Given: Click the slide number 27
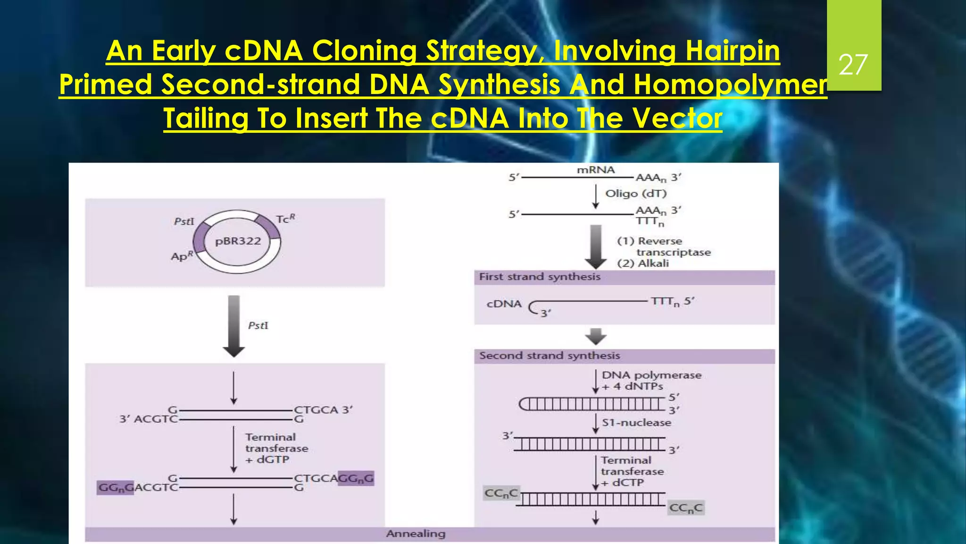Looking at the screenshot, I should point(853,65).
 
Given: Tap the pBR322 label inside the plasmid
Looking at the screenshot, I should point(238,241).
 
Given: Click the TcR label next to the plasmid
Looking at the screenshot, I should point(285,219).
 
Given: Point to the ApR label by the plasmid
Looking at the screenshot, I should point(182,256).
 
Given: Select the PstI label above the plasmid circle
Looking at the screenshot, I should point(184,221).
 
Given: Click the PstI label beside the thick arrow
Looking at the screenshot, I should point(258,325).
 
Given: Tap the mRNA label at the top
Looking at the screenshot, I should point(596,170).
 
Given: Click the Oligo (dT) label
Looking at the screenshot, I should point(636,194).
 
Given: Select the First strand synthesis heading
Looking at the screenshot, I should point(540,277).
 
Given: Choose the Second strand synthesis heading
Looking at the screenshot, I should point(550,356).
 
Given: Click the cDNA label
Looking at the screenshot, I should point(504,304).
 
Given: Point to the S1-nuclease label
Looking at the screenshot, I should point(636,423).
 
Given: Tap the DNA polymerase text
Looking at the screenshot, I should point(651,375).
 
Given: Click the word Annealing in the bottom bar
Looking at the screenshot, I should point(416,534).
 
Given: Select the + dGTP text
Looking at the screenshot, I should point(267,459).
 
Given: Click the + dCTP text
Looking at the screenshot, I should point(622,483).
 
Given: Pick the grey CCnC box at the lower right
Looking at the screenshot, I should point(686,508).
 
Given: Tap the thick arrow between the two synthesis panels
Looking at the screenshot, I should point(596,336).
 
